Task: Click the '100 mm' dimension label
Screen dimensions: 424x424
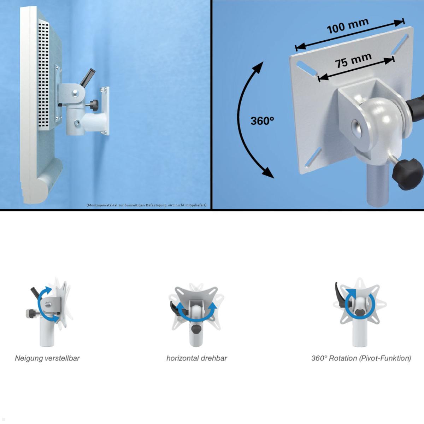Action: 347,26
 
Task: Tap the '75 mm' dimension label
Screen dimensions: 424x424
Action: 353,60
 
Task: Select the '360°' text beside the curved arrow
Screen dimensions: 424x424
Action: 262,121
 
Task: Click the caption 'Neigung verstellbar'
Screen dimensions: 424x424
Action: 47,358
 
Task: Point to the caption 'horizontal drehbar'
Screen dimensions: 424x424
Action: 196,358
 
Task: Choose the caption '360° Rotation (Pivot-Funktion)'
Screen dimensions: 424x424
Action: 361,358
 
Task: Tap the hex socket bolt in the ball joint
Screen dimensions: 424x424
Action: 357,128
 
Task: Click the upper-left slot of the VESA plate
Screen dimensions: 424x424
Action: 306,68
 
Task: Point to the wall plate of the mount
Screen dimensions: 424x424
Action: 105,111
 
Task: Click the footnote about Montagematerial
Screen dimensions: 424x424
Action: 147,205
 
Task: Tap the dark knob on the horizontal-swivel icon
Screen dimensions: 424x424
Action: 196,329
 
